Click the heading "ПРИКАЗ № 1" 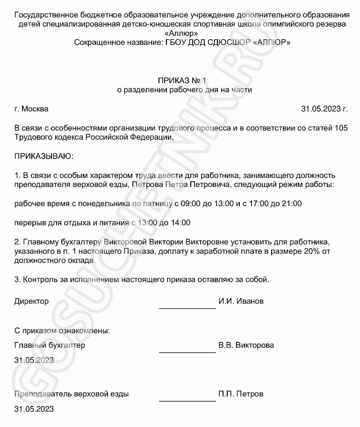point(182,80)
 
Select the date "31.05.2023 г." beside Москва point(324,109)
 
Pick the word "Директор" point(31,301)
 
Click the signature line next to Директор point(187,307)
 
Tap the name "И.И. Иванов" point(241,301)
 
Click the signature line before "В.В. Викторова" point(187,351)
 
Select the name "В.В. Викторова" point(246,346)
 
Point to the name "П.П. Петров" point(241,394)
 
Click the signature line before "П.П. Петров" point(187,400)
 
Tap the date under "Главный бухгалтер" point(34,360)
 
